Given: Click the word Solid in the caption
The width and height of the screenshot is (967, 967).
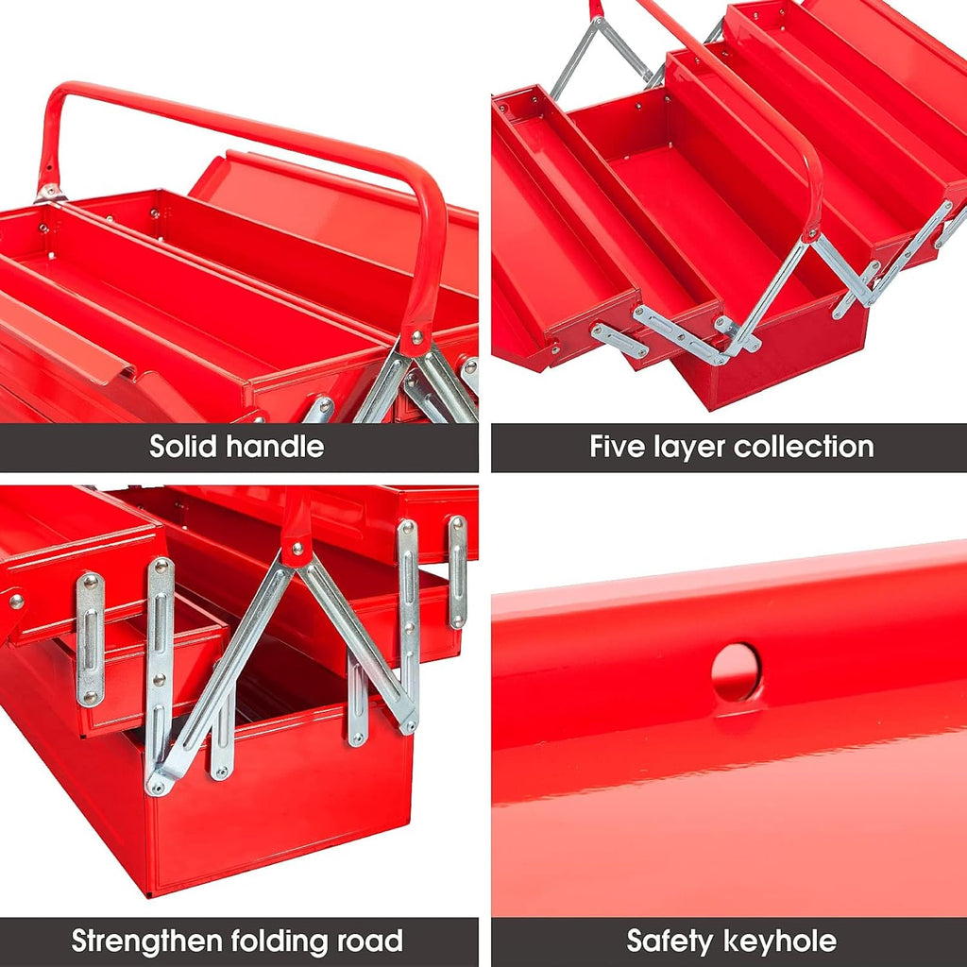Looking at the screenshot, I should [184, 447].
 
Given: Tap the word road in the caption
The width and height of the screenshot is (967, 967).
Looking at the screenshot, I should [370, 941].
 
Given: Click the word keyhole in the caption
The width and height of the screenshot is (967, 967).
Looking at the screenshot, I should [782, 941].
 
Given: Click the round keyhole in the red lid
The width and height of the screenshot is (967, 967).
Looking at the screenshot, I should [735, 671].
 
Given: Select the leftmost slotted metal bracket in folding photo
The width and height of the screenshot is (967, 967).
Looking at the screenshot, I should [90, 639].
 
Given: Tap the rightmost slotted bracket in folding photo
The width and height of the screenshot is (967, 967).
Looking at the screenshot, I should [457, 571].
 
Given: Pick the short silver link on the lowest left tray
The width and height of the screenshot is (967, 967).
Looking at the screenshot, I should [619, 340].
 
